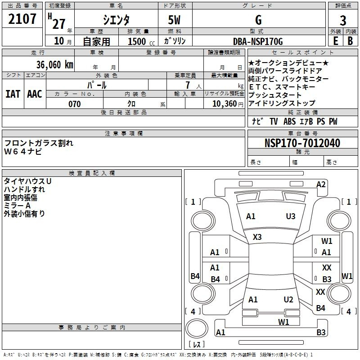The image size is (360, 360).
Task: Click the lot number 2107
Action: (22, 19)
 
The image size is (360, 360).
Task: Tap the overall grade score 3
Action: (343, 20)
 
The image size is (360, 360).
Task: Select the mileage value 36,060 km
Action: (54, 64)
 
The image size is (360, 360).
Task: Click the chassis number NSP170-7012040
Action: (302, 143)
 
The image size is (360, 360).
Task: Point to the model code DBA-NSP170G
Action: (258, 41)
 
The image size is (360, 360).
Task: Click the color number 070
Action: (75, 104)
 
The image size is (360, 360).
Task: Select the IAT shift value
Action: (13, 94)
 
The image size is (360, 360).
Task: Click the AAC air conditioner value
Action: (35, 94)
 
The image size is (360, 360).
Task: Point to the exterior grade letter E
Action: (336, 41)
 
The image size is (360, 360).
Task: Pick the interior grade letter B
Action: (351, 41)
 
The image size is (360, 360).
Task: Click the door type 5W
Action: (174, 20)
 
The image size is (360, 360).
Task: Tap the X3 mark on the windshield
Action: (257, 237)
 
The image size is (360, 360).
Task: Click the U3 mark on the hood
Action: (291, 216)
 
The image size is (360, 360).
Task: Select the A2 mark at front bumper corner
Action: (321, 184)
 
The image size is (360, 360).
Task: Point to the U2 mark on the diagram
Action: (288, 299)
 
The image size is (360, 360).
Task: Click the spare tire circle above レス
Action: (197, 328)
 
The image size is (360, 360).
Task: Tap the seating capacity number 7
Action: (188, 85)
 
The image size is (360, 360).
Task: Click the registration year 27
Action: (59, 24)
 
